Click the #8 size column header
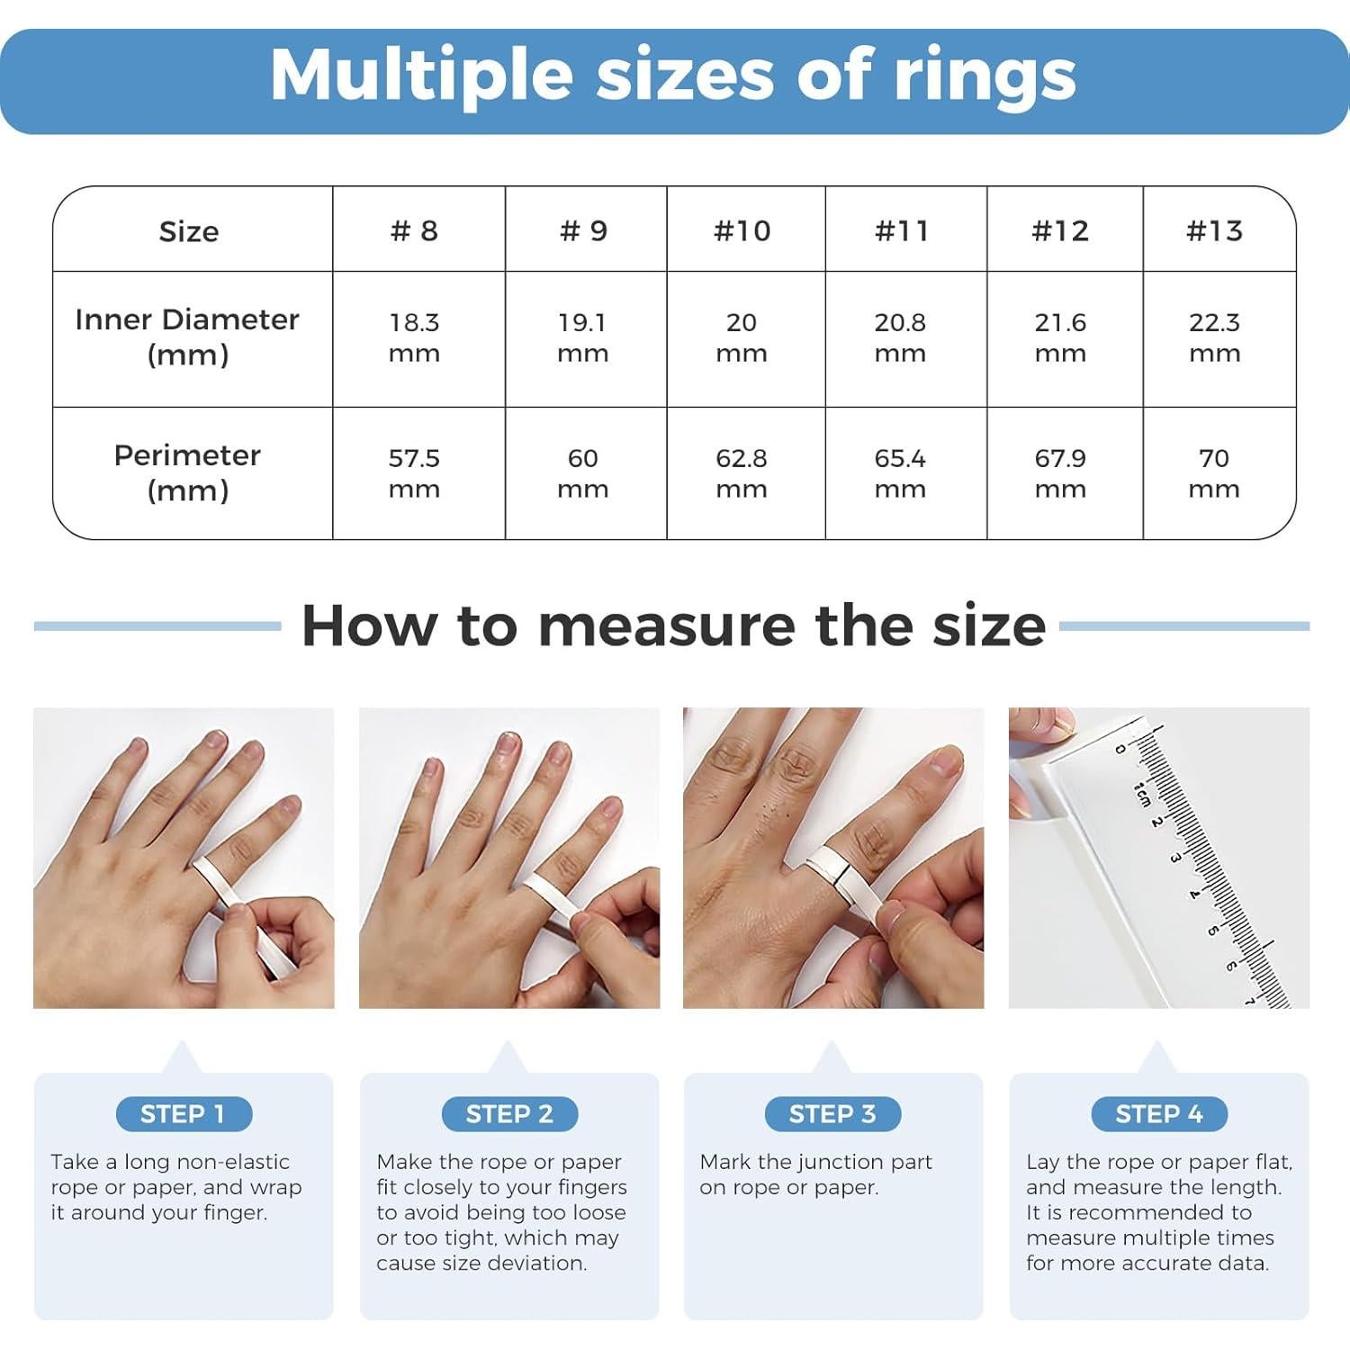tap(414, 230)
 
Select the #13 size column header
tap(1214, 230)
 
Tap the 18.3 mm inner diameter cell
tap(414, 337)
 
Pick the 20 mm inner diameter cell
tap(742, 337)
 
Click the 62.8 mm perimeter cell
tap(742, 473)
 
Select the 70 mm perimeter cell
tap(1214, 473)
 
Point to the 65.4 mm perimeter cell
tap(900, 473)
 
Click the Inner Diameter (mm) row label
tap(187, 337)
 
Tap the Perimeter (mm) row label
tap(187, 472)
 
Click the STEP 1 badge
tap(184, 1114)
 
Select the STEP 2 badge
tap(509, 1114)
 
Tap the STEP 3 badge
tap(832, 1114)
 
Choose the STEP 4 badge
tap(1159, 1114)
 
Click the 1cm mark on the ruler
tap(1141, 793)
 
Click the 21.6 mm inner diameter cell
tap(1060, 337)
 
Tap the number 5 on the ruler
tap(1212, 931)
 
